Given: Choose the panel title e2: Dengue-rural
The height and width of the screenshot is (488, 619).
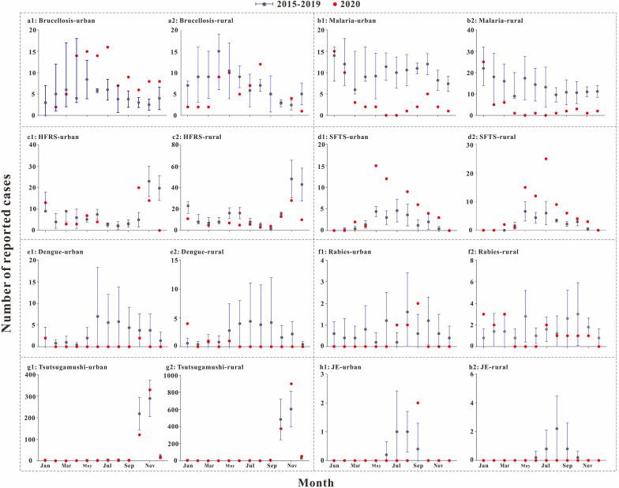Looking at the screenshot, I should tap(208, 252).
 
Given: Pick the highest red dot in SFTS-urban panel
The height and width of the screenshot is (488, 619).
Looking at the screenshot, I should tap(376, 166).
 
